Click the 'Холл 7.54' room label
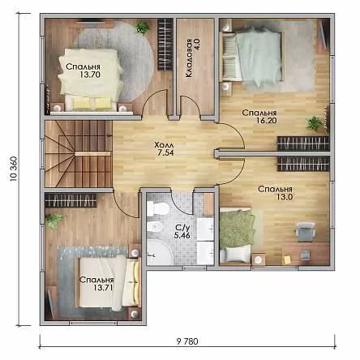pyautogui.click(x=164, y=148)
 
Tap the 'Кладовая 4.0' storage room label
pyautogui.click(x=192, y=58)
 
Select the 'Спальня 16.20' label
pyautogui.click(x=259, y=116)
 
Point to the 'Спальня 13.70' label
pyautogui.click(x=83, y=71)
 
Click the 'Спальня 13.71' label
pyautogui.click(x=96, y=284)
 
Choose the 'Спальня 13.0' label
pyautogui.click(x=275, y=193)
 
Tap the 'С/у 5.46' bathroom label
pyautogui.click(x=182, y=232)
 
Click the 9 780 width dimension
pyautogui.click(x=187, y=341)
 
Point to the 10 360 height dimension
pyautogui.click(x=14, y=169)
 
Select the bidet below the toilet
pyautogui.click(x=154, y=226)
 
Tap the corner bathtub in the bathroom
pyautogui.click(x=160, y=252)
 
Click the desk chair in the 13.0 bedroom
pyautogui.click(x=305, y=231)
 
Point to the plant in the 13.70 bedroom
pyautogui.click(x=142, y=27)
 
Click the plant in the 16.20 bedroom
pyautogui.click(x=315, y=123)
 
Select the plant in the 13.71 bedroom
pyautogui.click(x=54, y=221)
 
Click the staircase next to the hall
pyautogui.click(x=79, y=153)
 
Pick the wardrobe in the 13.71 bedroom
pyautogui.click(x=71, y=200)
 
